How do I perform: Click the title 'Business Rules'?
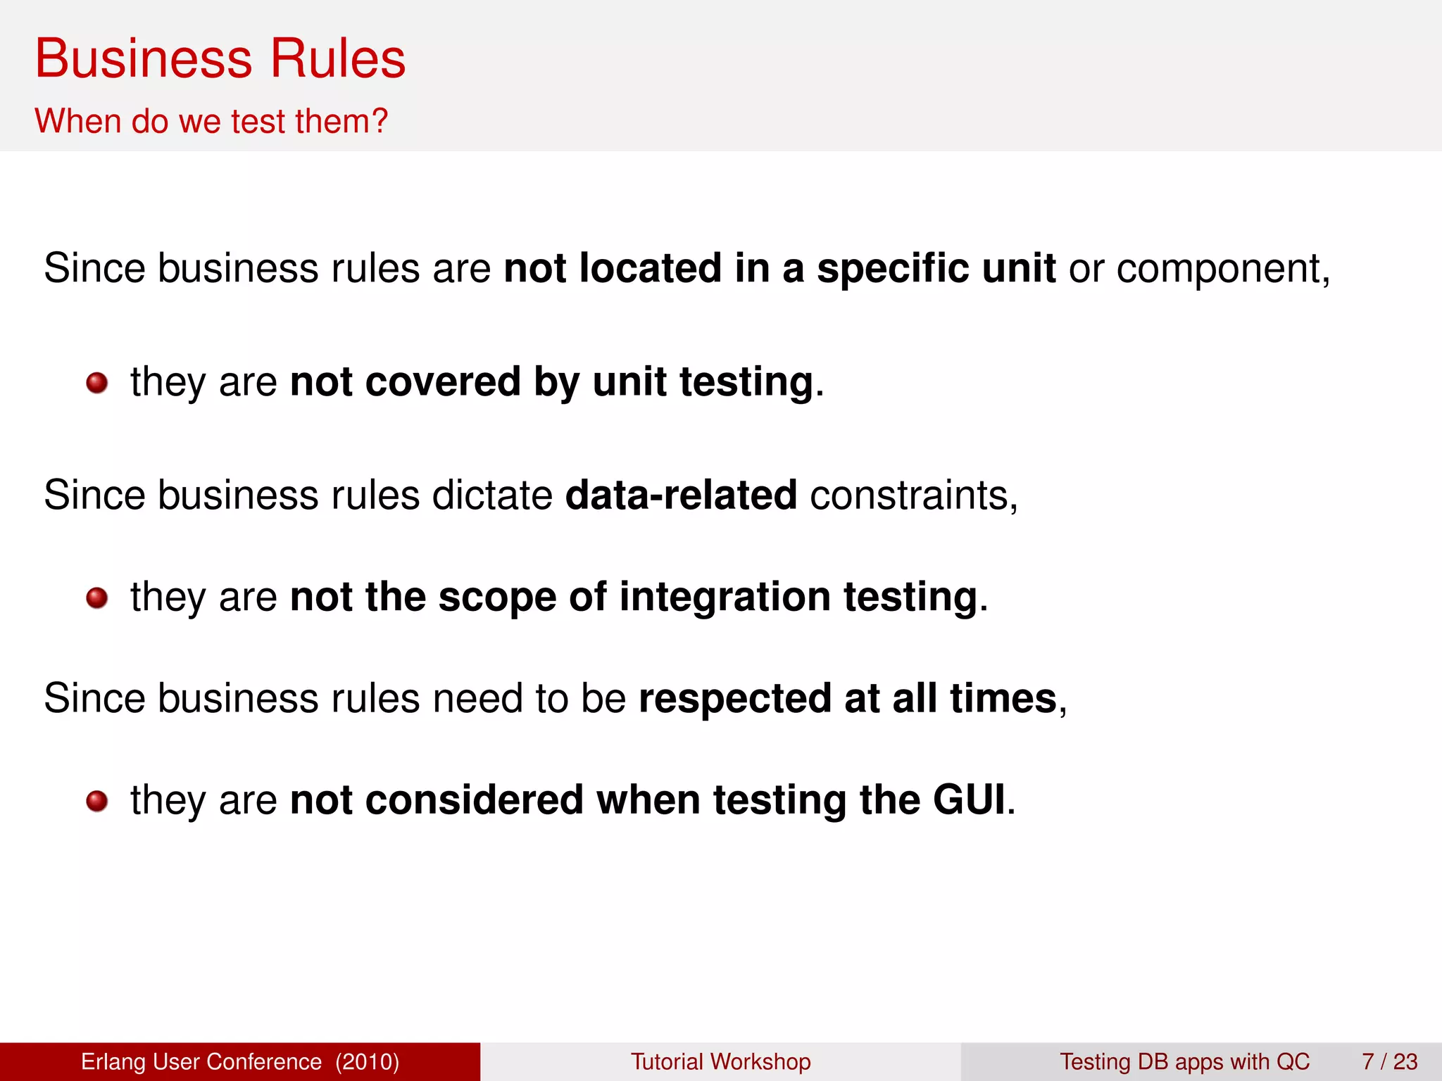pyautogui.click(x=220, y=58)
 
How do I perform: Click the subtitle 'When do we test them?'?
pyautogui.click(x=211, y=121)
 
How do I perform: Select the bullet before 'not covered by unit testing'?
pyautogui.click(x=96, y=383)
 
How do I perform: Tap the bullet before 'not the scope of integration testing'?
pyautogui.click(x=96, y=598)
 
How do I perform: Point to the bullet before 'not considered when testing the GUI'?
pyautogui.click(x=96, y=801)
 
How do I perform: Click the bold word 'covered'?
pyautogui.click(x=443, y=382)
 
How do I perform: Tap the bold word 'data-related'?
pyautogui.click(x=681, y=495)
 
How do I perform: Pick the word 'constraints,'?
pyautogui.click(x=914, y=495)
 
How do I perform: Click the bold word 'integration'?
pyautogui.click(x=725, y=598)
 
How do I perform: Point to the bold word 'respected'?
pyautogui.click(x=735, y=699)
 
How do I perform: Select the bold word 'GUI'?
pyautogui.click(x=970, y=800)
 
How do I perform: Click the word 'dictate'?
pyautogui.click(x=492, y=495)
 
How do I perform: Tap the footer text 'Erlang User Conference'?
pyautogui.click(x=201, y=1061)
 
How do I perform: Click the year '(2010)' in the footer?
pyautogui.click(x=368, y=1061)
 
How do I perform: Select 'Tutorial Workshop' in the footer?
pyautogui.click(x=720, y=1061)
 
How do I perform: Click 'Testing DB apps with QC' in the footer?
pyautogui.click(x=1184, y=1061)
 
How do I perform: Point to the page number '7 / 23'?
pyautogui.click(x=1389, y=1061)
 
